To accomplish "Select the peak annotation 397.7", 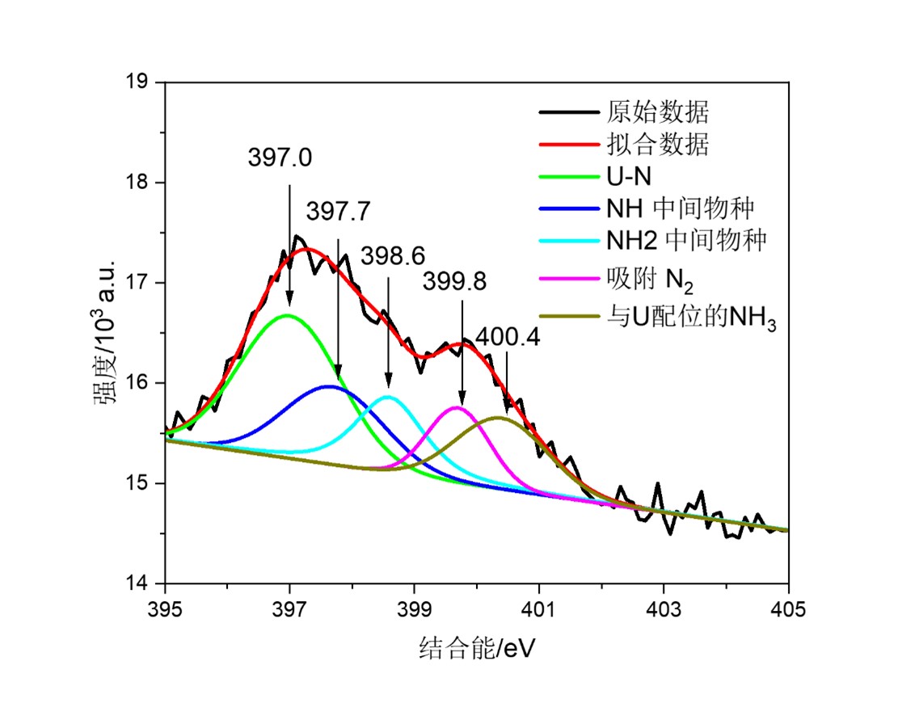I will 338,212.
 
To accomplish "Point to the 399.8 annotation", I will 453,281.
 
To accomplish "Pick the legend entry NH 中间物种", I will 680,209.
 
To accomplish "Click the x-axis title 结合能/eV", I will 477,647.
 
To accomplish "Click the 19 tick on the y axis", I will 144,82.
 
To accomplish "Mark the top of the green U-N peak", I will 288,315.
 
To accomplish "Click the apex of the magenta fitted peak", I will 457,407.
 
